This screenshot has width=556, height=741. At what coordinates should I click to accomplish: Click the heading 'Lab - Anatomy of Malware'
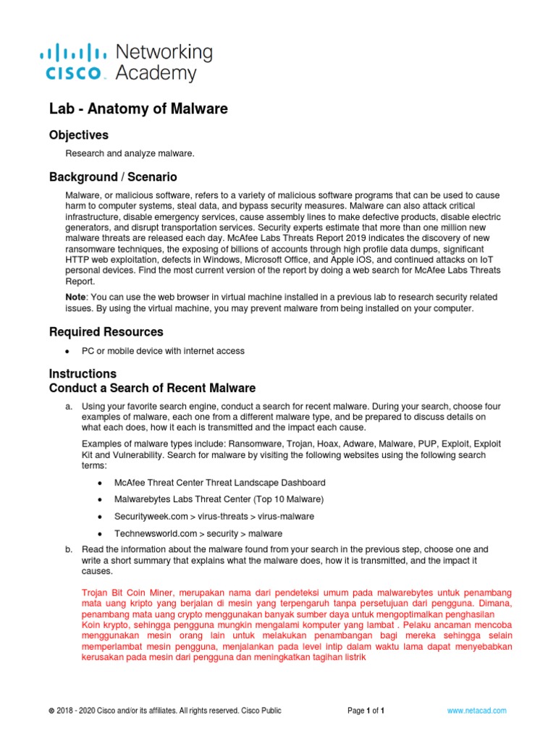tap(138, 109)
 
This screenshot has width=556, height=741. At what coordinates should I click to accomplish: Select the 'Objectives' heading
tap(78, 135)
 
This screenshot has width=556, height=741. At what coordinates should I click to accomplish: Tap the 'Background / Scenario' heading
tap(112, 177)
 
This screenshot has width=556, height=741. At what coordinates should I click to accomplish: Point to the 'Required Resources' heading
tap(106, 332)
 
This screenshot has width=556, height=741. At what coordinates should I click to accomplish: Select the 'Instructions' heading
tap(83, 374)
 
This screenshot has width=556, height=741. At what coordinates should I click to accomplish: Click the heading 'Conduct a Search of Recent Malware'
tap(152, 389)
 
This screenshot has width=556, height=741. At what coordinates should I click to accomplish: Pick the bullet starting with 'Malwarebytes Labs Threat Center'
tap(219, 499)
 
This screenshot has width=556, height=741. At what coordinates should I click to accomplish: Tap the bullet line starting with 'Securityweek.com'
tap(204, 517)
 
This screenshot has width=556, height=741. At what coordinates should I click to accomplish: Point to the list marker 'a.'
tap(69, 407)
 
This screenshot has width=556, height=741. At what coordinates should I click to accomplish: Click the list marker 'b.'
tap(69, 549)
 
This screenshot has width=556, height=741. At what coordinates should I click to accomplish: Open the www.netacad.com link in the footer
tap(476, 711)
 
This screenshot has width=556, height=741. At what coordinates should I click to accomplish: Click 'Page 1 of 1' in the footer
tap(366, 711)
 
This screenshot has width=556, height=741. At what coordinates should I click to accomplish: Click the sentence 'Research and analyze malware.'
tap(130, 153)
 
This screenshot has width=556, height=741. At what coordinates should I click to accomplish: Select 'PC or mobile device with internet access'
tap(163, 352)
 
